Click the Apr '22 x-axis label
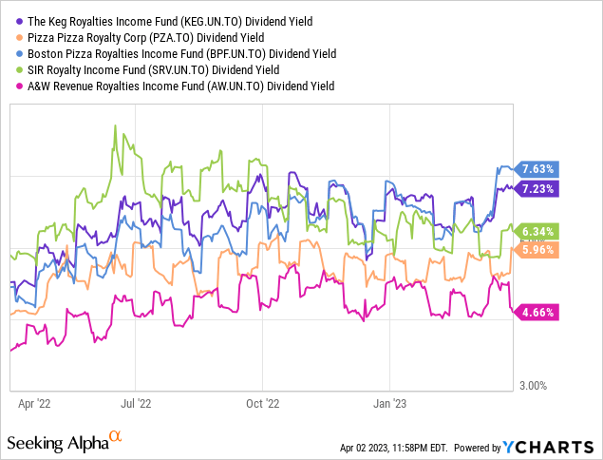(x=35, y=403)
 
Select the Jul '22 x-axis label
(x=137, y=403)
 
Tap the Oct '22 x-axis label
(x=262, y=403)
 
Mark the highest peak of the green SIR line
(x=116, y=125)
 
